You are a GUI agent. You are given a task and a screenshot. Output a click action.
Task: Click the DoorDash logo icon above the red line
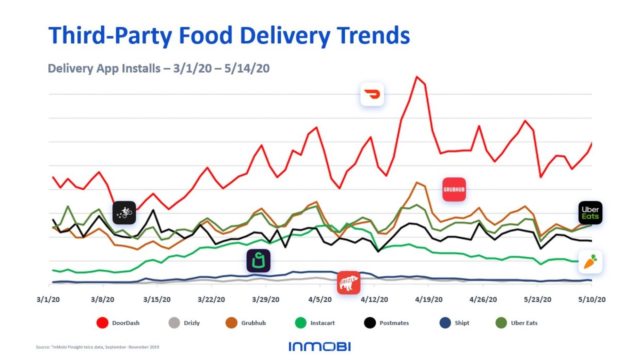pos(372,94)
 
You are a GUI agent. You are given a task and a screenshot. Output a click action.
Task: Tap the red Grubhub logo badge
pos(454,189)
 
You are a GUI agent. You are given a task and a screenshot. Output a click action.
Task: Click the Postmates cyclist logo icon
pos(124,212)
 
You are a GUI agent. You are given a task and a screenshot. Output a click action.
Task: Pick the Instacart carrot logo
pos(590,261)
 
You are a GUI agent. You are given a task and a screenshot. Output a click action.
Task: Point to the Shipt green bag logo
pos(259,260)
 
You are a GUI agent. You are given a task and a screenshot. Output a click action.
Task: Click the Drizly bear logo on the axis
pos(348,282)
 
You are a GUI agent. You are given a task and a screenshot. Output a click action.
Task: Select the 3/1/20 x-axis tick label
pos(49,299)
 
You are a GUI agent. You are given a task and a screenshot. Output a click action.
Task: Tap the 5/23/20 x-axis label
pos(538,299)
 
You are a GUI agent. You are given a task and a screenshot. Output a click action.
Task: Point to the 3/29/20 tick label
pos(266,299)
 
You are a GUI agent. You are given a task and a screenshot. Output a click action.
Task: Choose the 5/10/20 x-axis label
pos(591,299)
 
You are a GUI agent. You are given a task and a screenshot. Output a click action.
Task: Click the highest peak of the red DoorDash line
pos(417,77)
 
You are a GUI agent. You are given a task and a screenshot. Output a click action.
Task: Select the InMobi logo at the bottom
pos(319,347)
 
